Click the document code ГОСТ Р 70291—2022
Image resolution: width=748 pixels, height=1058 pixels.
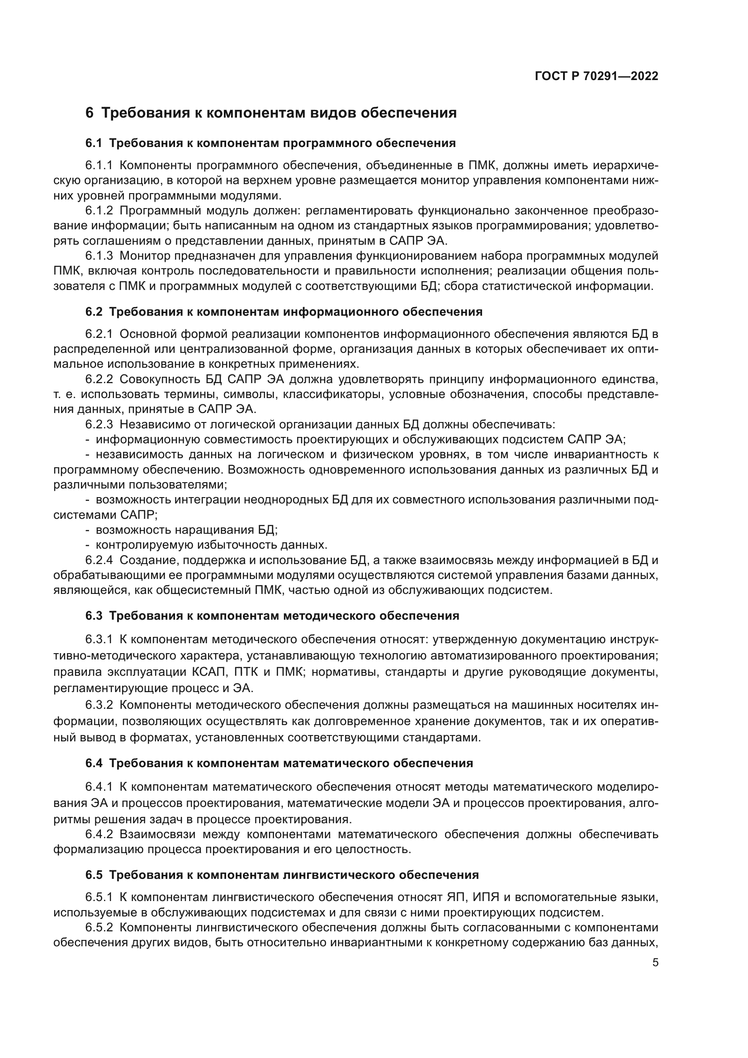tap(597, 76)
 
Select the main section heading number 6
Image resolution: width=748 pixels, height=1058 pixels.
tap(90, 113)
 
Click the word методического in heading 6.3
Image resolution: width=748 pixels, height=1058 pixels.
tap(328, 616)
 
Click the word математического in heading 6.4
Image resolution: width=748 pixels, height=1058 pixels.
tap(335, 764)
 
